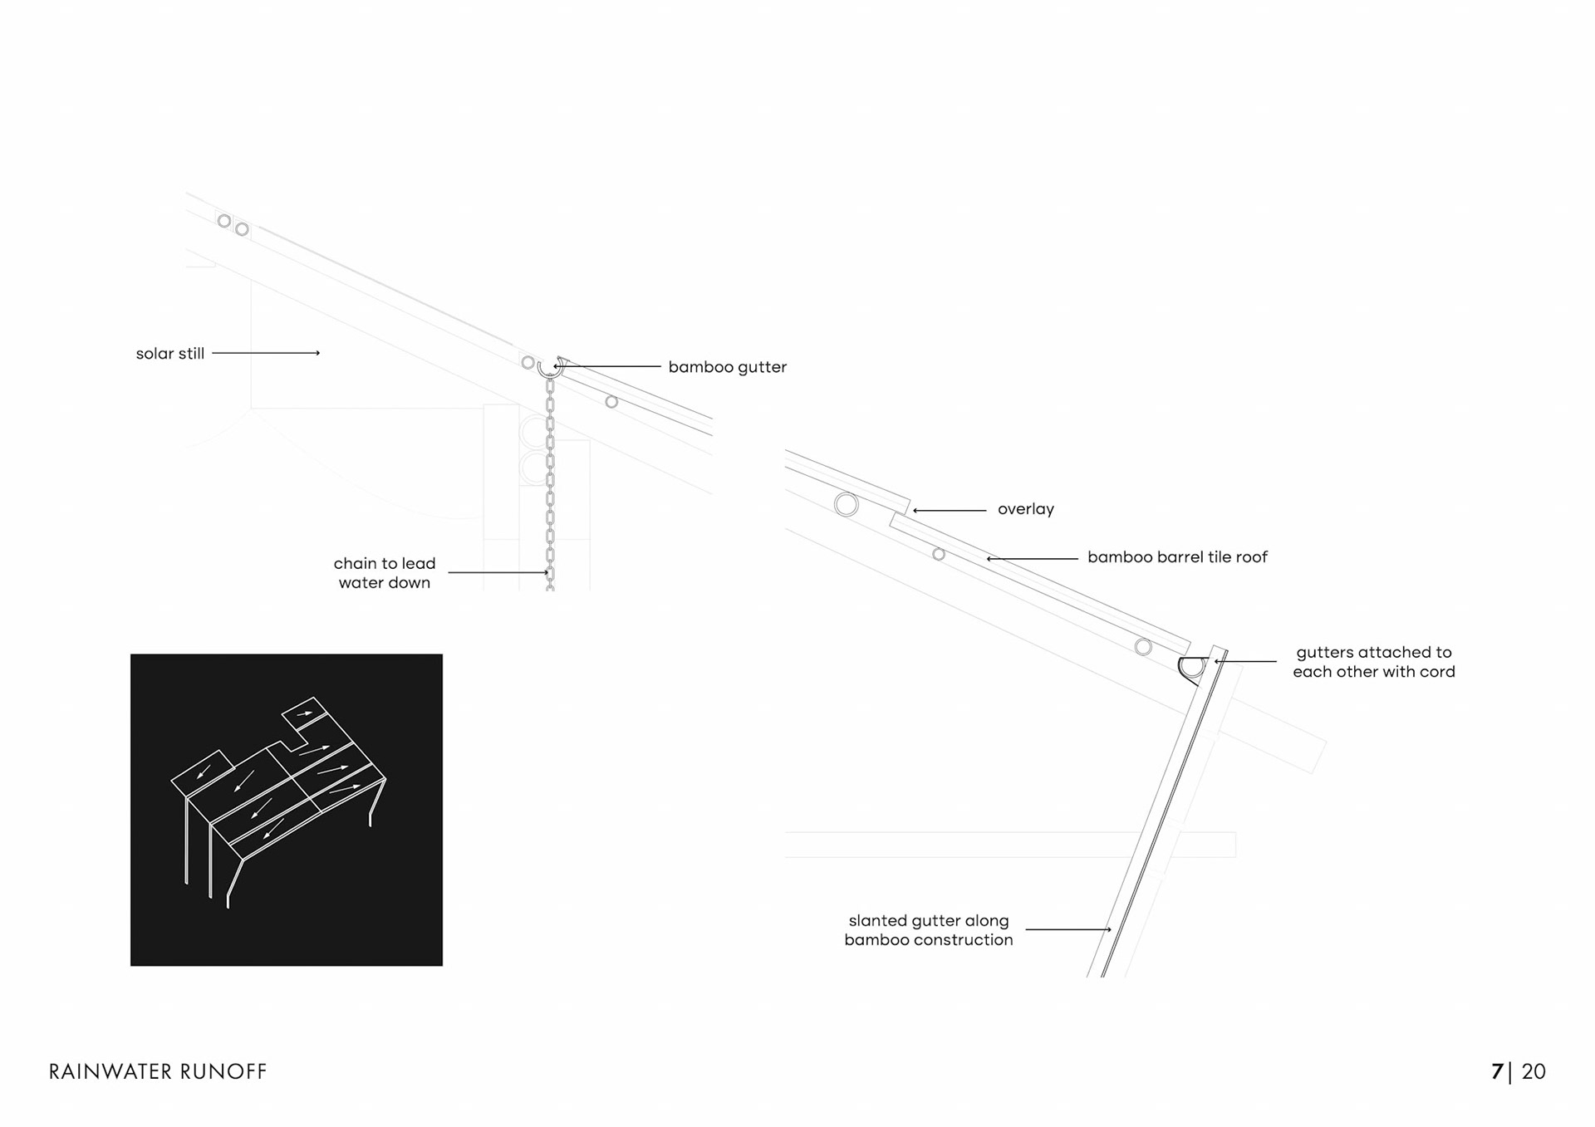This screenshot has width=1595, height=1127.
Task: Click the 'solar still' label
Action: tap(169, 354)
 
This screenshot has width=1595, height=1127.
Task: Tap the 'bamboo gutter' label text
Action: tap(727, 367)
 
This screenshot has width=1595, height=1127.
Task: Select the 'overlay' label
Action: tap(1025, 509)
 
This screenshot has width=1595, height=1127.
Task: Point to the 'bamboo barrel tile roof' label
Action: tap(1177, 557)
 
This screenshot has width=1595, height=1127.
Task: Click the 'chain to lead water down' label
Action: tap(385, 573)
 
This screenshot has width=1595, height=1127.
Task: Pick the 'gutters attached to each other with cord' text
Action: tap(1373, 662)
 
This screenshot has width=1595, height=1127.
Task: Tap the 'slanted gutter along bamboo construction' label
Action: tap(929, 930)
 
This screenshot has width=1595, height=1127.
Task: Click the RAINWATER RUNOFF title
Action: tap(158, 1071)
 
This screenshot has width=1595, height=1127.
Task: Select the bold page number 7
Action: tap(1497, 1071)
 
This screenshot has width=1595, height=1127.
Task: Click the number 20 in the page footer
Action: tap(1534, 1071)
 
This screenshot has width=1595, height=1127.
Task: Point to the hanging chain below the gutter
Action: tap(550, 482)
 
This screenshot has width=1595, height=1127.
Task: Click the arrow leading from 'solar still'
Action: tap(266, 353)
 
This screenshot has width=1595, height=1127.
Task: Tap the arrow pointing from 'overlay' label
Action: tap(950, 510)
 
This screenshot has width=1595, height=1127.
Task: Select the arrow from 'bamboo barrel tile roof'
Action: tap(1032, 559)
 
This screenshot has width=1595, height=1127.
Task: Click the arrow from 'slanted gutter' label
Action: tap(1068, 929)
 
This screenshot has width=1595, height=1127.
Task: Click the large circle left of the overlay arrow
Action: tap(846, 504)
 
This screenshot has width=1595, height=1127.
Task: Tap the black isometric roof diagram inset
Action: tap(287, 810)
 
